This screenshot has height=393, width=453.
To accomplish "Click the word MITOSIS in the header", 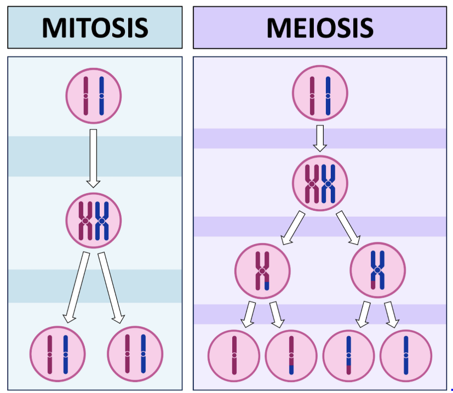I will [x=95, y=27].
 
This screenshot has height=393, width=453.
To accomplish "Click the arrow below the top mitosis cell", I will [x=94, y=158].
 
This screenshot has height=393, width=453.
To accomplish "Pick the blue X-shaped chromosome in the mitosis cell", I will [x=102, y=221].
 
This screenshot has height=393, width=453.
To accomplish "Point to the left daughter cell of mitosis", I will [x=58, y=354].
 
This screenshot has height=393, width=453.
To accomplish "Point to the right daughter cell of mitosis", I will [x=135, y=354].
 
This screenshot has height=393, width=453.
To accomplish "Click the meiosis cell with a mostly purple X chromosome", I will [x=262, y=270].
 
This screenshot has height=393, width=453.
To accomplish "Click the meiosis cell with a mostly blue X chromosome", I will [x=377, y=270].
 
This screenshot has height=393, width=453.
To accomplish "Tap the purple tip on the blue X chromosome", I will [x=374, y=285].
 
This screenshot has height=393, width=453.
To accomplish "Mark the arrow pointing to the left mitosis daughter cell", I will [x=76, y=287].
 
